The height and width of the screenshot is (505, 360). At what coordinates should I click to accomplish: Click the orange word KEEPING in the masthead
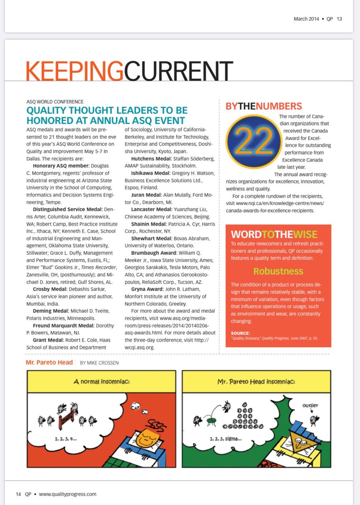click(x=75, y=71)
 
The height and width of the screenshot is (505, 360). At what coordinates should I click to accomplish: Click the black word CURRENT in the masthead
click(x=178, y=71)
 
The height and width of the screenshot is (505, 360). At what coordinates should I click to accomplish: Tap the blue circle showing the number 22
click(x=250, y=141)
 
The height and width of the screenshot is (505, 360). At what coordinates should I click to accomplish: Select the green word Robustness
click(x=278, y=271)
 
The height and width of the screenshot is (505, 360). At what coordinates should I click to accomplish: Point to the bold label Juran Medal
click(x=146, y=195)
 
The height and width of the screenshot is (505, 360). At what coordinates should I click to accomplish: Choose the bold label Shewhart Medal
click(x=151, y=238)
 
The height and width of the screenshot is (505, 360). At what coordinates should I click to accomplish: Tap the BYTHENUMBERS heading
click(x=263, y=106)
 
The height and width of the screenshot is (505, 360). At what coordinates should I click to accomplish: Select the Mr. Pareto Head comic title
click(x=49, y=362)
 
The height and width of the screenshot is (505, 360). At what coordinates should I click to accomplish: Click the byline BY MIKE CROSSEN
click(x=99, y=363)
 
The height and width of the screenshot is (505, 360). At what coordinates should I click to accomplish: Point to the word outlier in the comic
click(x=310, y=405)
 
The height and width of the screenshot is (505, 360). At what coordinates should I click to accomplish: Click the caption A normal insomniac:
click(x=101, y=382)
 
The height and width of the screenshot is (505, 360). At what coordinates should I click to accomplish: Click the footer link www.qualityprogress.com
click(x=67, y=494)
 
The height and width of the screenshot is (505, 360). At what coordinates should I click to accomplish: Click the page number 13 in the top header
click(x=339, y=19)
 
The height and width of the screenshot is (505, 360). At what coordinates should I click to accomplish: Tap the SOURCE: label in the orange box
click(x=240, y=333)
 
